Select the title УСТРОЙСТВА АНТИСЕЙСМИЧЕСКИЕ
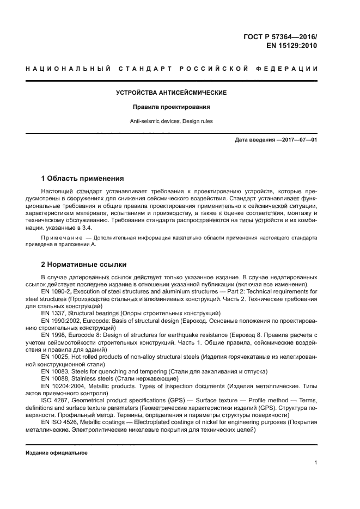pyautogui.click(x=172, y=93)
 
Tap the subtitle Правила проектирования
pyautogui.click(x=172, y=107)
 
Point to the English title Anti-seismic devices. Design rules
pyautogui.click(x=172, y=121)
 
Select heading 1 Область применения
pyautogui.click(x=83, y=179)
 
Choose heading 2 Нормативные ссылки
pyautogui.click(x=84, y=265)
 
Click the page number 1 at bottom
pyautogui.click(x=315, y=463)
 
